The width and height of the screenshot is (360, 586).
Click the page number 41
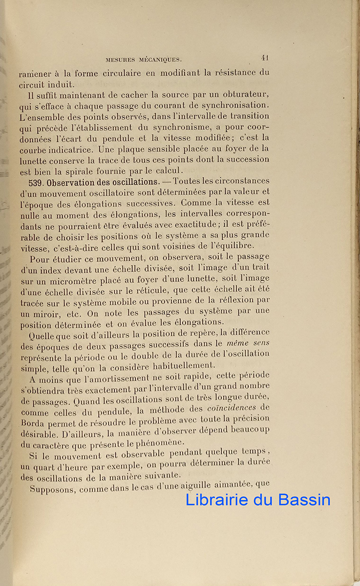tap(265, 57)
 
